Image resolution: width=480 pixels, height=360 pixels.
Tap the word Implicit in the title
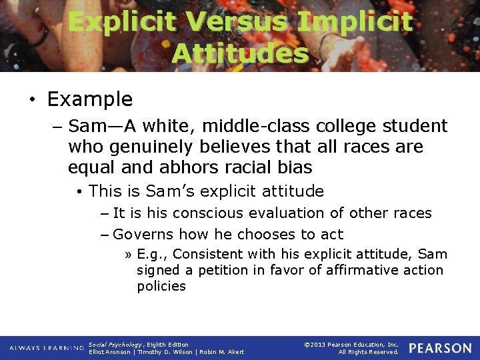355,22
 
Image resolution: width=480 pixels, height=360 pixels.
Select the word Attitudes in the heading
240,53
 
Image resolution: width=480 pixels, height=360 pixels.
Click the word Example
90,99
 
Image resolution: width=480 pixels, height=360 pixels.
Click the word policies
161,286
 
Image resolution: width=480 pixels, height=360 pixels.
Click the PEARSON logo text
439,348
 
